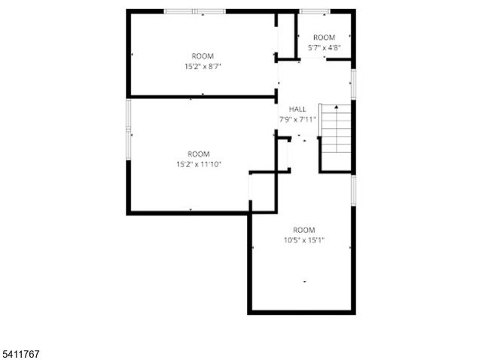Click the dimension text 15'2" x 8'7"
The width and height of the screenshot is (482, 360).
[202, 66]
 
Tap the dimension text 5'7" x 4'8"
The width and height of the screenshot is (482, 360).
[324, 47]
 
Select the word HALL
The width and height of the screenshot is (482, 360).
[297, 109]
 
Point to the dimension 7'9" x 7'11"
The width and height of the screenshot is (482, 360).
[297, 119]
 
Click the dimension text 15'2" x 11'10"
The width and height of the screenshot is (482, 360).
[199, 163]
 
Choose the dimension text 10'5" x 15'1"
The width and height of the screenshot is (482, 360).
[304, 240]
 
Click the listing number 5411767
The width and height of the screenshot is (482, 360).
[23, 351]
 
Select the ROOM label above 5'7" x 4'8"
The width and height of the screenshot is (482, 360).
[324, 38]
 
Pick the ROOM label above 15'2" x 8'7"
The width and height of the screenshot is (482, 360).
[202, 56]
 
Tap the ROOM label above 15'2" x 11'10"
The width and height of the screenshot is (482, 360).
[199, 154]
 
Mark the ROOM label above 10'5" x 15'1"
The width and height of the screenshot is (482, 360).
[304, 230]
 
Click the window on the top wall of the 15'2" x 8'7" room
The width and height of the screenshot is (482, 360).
[194, 11]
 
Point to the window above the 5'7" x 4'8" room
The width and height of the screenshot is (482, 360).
[313, 11]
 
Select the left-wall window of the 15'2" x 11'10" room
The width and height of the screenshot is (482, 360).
[129, 130]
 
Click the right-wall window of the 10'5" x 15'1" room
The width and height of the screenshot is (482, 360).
[353, 191]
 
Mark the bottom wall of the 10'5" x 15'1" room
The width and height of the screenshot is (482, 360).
[301, 312]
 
